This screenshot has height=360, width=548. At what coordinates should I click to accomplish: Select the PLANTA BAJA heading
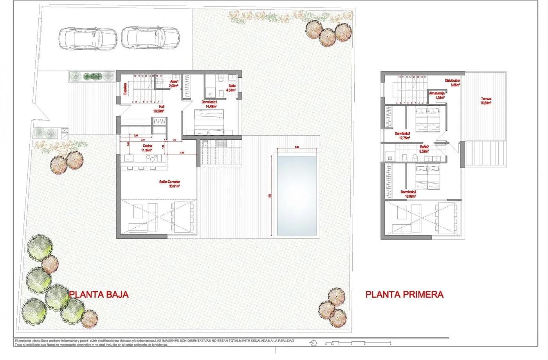point(99,295)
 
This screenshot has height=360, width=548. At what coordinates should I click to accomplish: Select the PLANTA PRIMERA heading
point(404,295)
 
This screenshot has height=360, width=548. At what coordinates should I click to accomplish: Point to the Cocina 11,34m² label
point(147,148)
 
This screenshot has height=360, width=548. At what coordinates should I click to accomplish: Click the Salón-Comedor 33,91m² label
point(169,184)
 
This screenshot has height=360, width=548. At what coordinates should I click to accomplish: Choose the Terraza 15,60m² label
point(486,101)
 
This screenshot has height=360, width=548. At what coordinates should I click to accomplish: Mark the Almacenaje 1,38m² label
point(437,95)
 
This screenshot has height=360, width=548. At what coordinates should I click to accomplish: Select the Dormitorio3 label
point(408,194)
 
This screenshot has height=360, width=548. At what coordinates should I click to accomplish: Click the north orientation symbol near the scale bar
point(313,343)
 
